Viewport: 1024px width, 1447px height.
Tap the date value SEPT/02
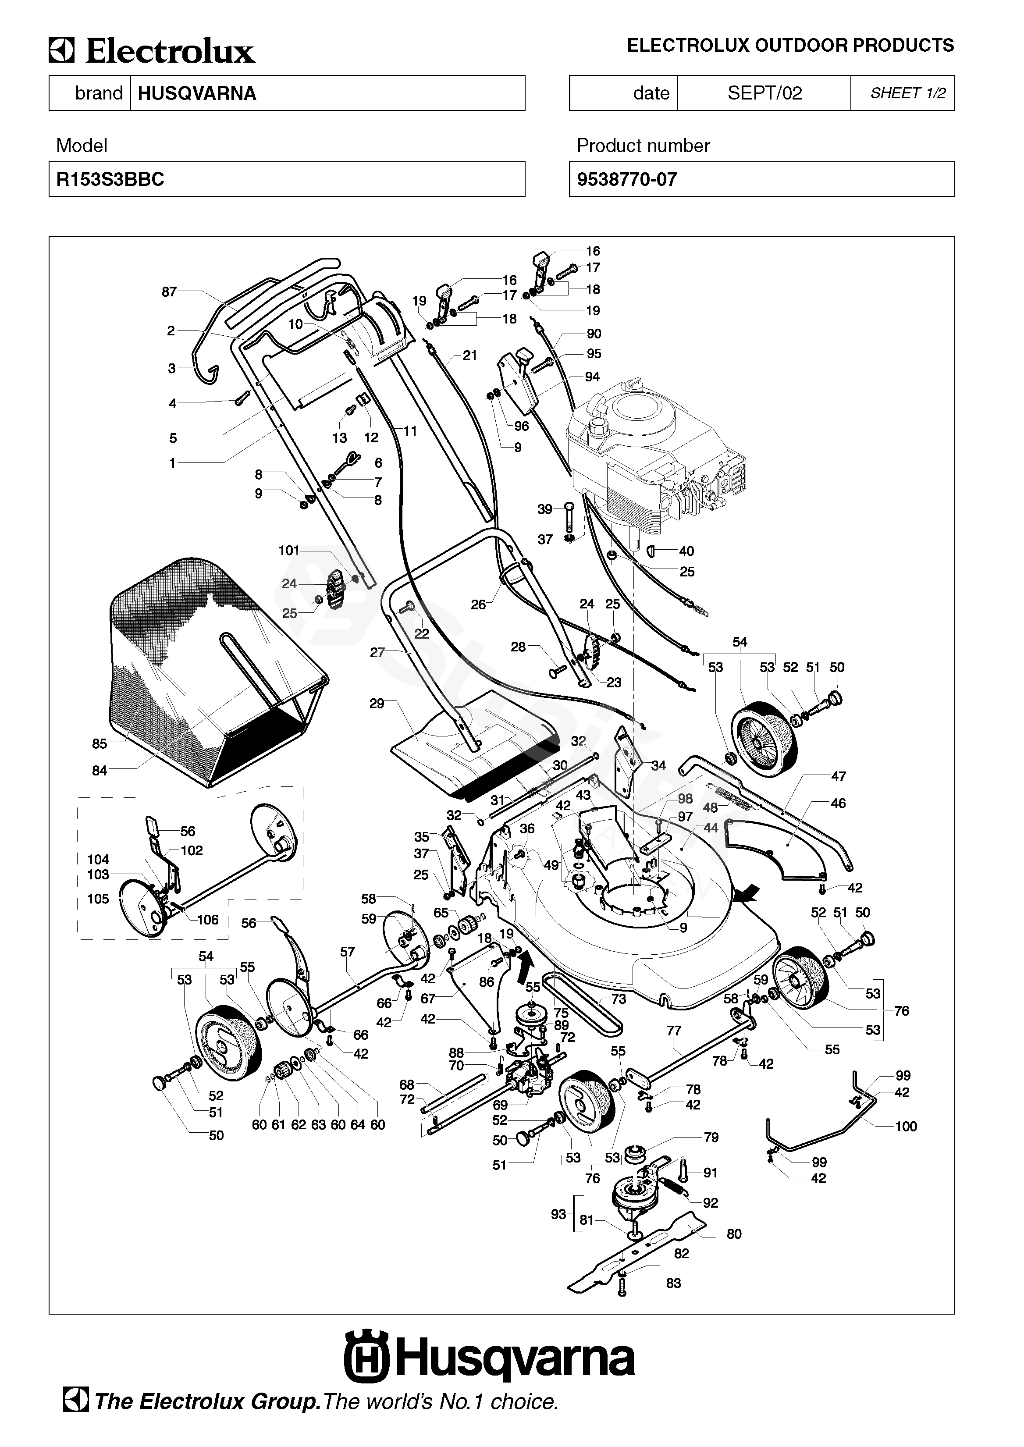[765, 93]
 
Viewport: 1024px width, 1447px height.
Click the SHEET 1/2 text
[908, 93]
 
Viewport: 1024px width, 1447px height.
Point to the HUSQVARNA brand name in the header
[197, 93]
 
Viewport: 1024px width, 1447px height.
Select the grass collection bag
[217, 672]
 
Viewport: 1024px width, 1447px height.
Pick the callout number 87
[169, 292]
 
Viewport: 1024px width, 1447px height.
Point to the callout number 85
[100, 744]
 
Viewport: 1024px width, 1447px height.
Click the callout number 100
[906, 1127]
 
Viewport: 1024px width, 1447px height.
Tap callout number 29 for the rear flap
[377, 704]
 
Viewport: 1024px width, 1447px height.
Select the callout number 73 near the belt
[619, 999]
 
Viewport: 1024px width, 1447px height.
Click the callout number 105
[98, 899]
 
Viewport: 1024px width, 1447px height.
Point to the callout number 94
[592, 377]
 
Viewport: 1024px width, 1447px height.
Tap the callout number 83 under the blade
[673, 1283]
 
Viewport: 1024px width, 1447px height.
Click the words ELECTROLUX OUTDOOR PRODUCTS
[791, 46]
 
